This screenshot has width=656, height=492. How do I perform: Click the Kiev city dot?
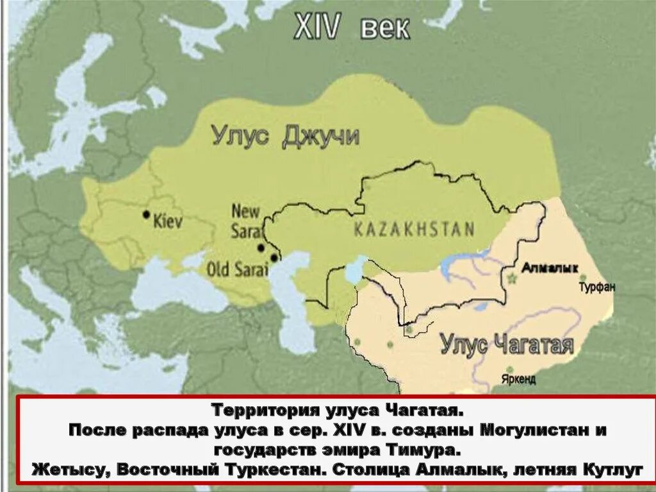point(147,214)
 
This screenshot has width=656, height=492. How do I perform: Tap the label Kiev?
point(168,222)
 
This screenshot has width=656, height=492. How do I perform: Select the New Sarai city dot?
point(261,247)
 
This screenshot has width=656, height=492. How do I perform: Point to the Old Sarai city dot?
point(274,258)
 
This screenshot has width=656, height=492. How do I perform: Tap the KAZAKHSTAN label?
point(414,229)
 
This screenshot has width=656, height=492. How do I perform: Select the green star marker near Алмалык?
point(512,279)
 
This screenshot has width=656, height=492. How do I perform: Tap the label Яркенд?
point(520,379)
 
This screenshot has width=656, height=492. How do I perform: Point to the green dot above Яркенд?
point(509,369)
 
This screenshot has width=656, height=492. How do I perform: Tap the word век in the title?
point(385,29)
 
